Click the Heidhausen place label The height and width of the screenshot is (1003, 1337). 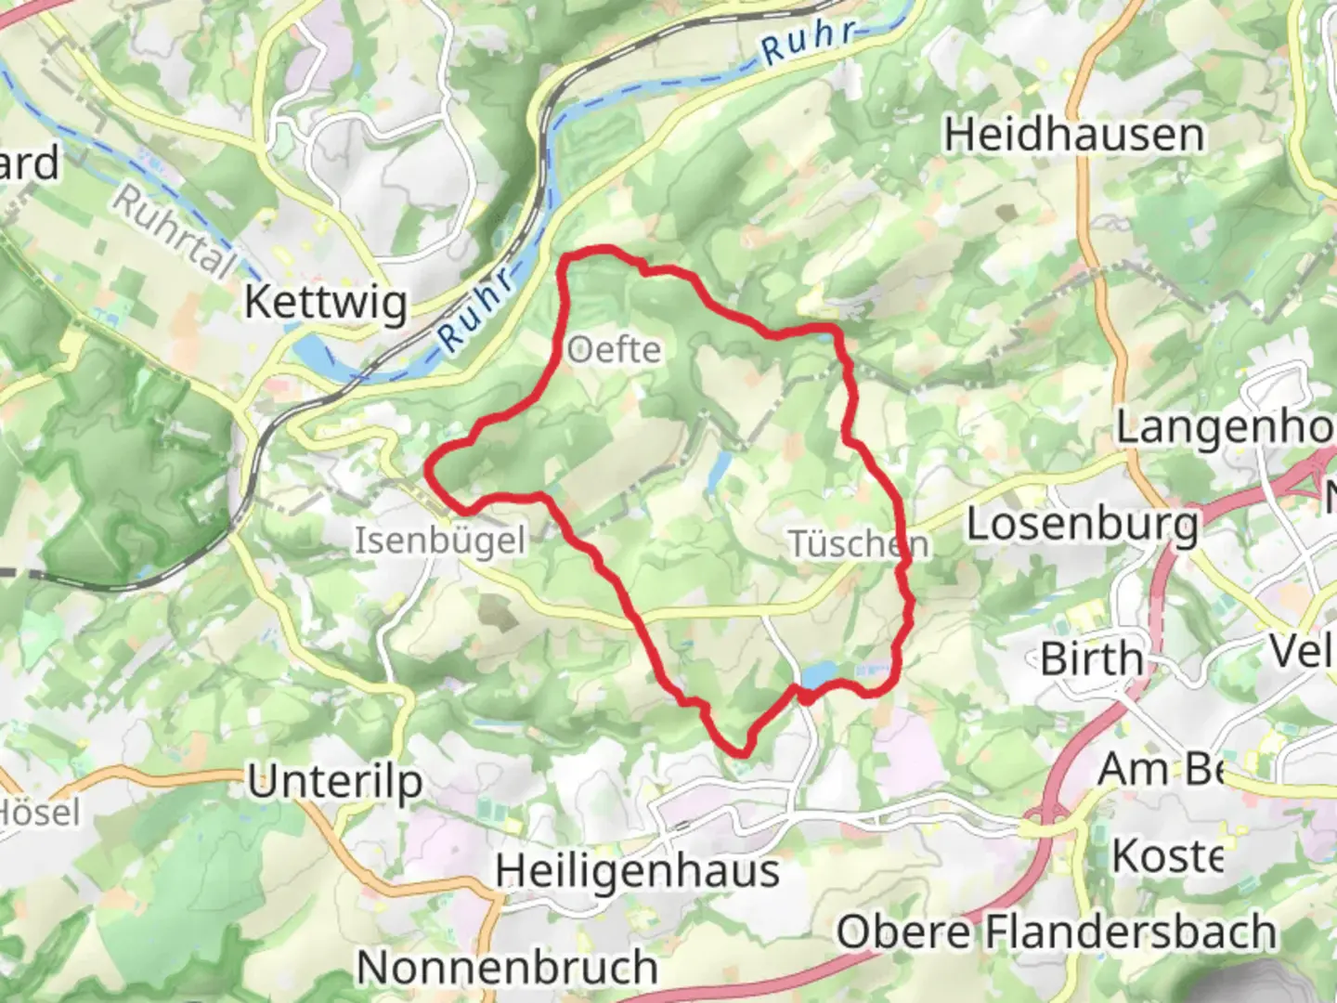coord(1074,136)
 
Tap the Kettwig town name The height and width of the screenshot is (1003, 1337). coord(325,303)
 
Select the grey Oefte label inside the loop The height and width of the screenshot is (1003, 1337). coord(614,350)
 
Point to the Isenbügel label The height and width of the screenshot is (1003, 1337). coord(439,541)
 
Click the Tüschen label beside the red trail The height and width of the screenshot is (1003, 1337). coord(857,543)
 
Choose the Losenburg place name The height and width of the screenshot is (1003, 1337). coord(1083,525)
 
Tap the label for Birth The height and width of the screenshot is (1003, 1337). coord(1091,658)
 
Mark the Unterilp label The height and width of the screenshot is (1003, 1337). coord(334,783)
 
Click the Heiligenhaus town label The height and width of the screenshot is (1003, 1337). coord(637,871)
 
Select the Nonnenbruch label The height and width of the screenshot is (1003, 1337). coord(507,967)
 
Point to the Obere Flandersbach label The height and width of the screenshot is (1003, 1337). coord(1057,931)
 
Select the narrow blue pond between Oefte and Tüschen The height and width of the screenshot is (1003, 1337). coord(717,473)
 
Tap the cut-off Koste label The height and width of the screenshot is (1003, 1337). coord(1167,855)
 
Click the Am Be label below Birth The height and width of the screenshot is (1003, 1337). coord(1161,769)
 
